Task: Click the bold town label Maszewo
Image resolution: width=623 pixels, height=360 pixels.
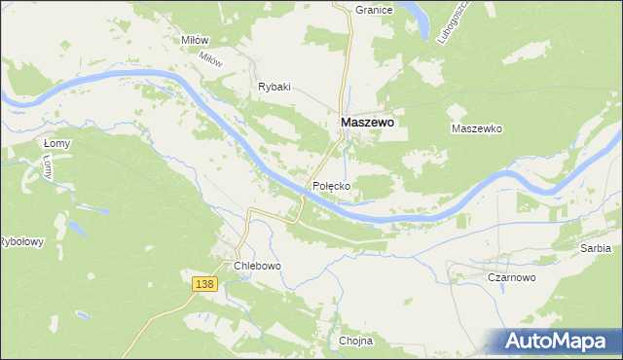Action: pos(367,124)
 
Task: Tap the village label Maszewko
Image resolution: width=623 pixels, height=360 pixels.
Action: pos(476,128)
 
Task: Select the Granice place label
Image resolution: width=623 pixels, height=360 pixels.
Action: pos(374,10)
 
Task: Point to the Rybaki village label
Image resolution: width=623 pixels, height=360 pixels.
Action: pos(275,87)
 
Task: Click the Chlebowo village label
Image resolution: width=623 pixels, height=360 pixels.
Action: pos(257,266)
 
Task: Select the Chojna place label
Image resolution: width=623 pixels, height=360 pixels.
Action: pos(356,342)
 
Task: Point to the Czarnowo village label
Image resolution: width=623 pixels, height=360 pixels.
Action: pos(512,277)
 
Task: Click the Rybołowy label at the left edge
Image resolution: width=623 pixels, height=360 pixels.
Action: pos(21,242)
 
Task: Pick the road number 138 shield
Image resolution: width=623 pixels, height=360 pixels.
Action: pos(203,283)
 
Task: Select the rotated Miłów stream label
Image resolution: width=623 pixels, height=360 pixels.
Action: pos(210,59)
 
